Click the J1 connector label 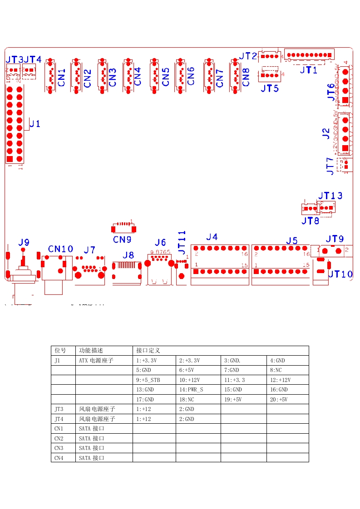pos(35,123)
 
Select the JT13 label pos(330,196)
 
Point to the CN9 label pos(122,239)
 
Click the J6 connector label pos(160,242)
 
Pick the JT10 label pos(340,274)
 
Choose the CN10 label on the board pos(60,249)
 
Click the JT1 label pos(309,70)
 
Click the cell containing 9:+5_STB pos(148,380)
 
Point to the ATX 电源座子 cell pos(96,361)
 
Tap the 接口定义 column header pos(148,351)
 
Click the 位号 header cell pos(60,351)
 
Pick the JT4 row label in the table pos(59,419)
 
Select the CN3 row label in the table pos(59,448)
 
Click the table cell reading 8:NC pos(276,370)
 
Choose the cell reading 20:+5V pos(278,400)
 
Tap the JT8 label pos(310,221)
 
